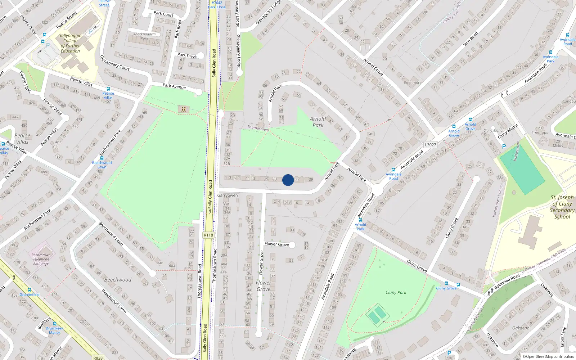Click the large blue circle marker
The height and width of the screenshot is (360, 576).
(288, 180)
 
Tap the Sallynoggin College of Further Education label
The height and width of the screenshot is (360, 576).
(70, 43)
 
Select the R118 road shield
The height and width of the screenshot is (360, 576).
(208, 235)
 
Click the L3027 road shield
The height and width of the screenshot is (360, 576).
(430, 145)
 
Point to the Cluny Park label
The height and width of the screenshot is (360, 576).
(396, 292)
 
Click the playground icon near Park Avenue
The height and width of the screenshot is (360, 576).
(184, 109)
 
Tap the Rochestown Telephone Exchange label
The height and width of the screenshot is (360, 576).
(41, 259)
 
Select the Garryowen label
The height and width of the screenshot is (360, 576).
(228, 195)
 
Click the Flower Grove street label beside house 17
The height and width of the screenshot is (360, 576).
(276, 244)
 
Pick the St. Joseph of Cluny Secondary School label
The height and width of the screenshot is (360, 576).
(562, 207)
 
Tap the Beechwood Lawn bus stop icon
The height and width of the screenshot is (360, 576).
(102, 158)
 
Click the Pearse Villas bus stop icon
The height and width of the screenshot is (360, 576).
(108, 89)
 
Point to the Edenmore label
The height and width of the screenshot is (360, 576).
(413, 83)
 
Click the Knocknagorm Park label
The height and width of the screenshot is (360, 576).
(144, 36)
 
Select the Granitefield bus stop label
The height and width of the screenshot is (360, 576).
(30, 294)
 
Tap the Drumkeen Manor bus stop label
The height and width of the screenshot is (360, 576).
(55, 330)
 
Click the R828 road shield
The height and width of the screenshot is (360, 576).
(98, 358)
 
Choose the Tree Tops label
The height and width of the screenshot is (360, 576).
(540, 132)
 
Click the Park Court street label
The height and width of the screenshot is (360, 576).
(163, 14)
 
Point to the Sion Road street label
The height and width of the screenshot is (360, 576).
(470, 39)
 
